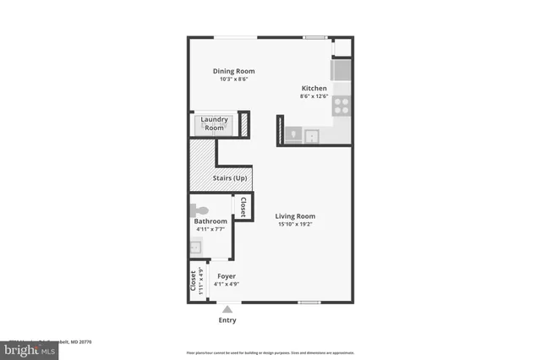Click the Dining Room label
pyautogui.click(x=232, y=71)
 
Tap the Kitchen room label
pyautogui.click(x=315, y=88)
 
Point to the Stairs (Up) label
pyautogui.click(x=229, y=178)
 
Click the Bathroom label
pyautogui.click(x=211, y=221)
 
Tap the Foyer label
pyautogui.click(x=226, y=276)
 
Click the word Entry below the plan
pyautogui.click(x=227, y=320)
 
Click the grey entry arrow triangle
pyautogui.click(x=227, y=309)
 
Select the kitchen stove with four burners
pyautogui.click(x=342, y=106)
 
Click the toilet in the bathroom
pyautogui.click(x=199, y=209)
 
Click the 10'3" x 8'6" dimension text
pyautogui.click(x=232, y=79)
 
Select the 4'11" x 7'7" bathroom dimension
pyautogui.click(x=211, y=229)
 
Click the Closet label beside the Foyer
pyautogui.click(x=194, y=280)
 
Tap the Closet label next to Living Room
pyautogui.click(x=243, y=207)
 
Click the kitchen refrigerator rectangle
pyautogui.click(x=341, y=69)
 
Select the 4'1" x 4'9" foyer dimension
pyautogui.click(x=226, y=284)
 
